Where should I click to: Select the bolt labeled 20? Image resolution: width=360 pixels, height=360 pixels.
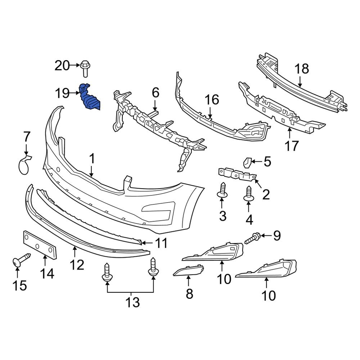pyautogui.click(x=85, y=68)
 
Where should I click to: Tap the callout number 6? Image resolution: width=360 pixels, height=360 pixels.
pyautogui.click(x=155, y=93)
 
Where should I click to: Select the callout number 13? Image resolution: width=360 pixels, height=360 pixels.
pyautogui.click(x=132, y=302)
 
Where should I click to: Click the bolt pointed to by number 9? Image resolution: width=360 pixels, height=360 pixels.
pyautogui.click(x=253, y=238)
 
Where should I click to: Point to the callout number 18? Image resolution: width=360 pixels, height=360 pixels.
pyautogui.click(x=302, y=69)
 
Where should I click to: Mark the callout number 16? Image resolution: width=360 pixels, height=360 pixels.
pyautogui.click(x=212, y=100)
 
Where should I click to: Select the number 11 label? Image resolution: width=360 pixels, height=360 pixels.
pyautogui.click(x=161, y=243)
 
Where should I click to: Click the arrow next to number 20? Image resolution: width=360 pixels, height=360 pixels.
pyautogui.click(x=75, y=65)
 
